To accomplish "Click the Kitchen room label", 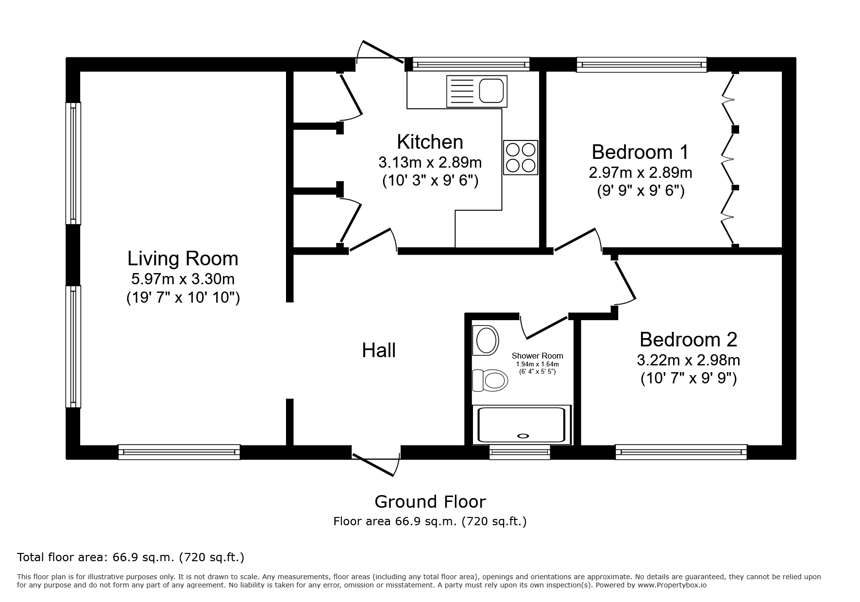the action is coord(430,142).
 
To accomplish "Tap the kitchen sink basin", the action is coord(492,91).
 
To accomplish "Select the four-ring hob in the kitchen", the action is coord(521,157).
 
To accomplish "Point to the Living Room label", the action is coord(183,258).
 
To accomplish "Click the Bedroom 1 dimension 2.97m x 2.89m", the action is coord(641,172).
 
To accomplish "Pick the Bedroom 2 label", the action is coord(688,339).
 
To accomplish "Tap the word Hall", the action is coord(379,350).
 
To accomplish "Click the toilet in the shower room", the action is coord(490,379).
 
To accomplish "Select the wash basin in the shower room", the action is coord(486,340).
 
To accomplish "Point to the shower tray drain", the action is coord(523,436).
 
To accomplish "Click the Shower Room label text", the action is coord(537,356).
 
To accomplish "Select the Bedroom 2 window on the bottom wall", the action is coord(681,452).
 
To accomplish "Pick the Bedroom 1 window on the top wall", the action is coord(641,65).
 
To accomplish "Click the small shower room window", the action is coord(520,452).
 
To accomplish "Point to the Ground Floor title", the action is coord(430,501).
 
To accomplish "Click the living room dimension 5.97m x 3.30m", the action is coord(183,279).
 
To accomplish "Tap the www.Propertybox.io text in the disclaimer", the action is coord(672,585).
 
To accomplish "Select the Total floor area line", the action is coord(131,557).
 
